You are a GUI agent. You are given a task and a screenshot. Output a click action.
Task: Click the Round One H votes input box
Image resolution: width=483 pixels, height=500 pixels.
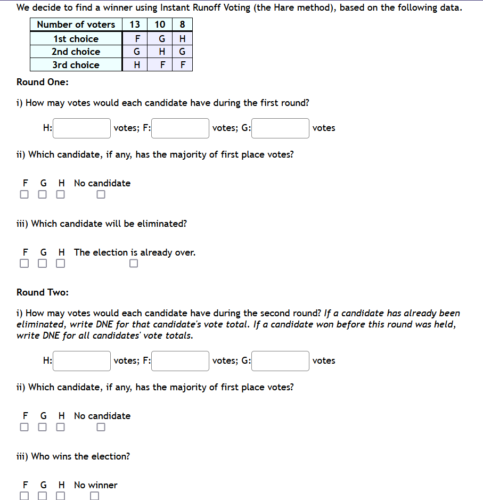click(x=82, y=128)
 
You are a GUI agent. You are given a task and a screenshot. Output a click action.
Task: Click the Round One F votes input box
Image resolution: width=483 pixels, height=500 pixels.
click(x=180, y=128)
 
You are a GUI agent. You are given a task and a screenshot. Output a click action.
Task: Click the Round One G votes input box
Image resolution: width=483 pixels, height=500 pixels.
click(x=281, y=128)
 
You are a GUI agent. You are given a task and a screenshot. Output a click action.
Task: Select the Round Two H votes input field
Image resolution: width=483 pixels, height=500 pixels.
click(x=82, y=361)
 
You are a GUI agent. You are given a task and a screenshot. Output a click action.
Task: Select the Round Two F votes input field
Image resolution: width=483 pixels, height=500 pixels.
click(x=180, y=361)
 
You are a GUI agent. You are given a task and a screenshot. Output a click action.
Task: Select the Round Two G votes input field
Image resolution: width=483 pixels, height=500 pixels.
click(x=281, y=361)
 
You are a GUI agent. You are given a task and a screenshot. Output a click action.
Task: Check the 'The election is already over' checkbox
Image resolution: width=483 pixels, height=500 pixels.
click(x=133, y=264)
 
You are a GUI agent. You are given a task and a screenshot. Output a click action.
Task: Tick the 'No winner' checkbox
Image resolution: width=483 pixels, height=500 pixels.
click(x=95, y=496)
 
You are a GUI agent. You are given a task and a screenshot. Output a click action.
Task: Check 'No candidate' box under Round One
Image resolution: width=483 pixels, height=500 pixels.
click(x=101, y=194)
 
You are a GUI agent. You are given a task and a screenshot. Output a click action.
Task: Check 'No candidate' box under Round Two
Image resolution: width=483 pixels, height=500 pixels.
click(x=101, y=427)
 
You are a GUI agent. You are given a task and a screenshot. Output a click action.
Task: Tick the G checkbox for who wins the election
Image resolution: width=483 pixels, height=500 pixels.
click(x=43, y=496)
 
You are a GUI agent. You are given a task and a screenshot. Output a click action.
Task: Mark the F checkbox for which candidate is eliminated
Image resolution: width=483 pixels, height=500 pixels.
click(x=24, y=264)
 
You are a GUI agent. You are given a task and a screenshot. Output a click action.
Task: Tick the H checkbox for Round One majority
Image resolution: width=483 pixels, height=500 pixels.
click(x=61, y=194)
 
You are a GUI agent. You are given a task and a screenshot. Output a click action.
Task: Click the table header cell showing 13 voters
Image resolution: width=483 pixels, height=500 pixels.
click(x=135, y=24)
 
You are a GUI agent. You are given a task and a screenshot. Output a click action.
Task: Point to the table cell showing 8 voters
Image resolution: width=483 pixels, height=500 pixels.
click(x=183, y=24)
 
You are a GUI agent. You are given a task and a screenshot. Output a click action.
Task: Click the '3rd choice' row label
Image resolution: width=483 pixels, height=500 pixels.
click(x=76, y=65)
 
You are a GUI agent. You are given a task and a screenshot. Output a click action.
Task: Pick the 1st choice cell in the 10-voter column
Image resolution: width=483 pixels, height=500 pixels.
click(x=160, y=39)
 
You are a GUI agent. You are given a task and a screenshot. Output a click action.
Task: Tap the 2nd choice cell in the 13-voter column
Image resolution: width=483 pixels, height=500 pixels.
click(x=137, y=52)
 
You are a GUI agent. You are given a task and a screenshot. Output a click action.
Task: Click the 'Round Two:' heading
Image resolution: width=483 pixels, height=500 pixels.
click(x=43, y=292)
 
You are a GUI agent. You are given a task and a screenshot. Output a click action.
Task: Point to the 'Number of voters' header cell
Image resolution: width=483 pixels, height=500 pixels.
click(x=76, y=24)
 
